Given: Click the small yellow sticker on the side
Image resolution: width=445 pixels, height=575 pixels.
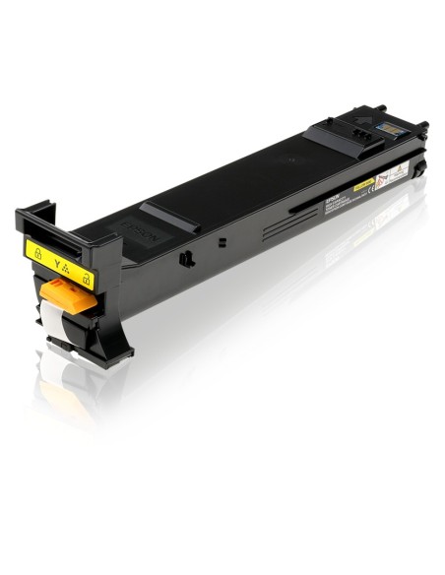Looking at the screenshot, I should click(362, 183).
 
